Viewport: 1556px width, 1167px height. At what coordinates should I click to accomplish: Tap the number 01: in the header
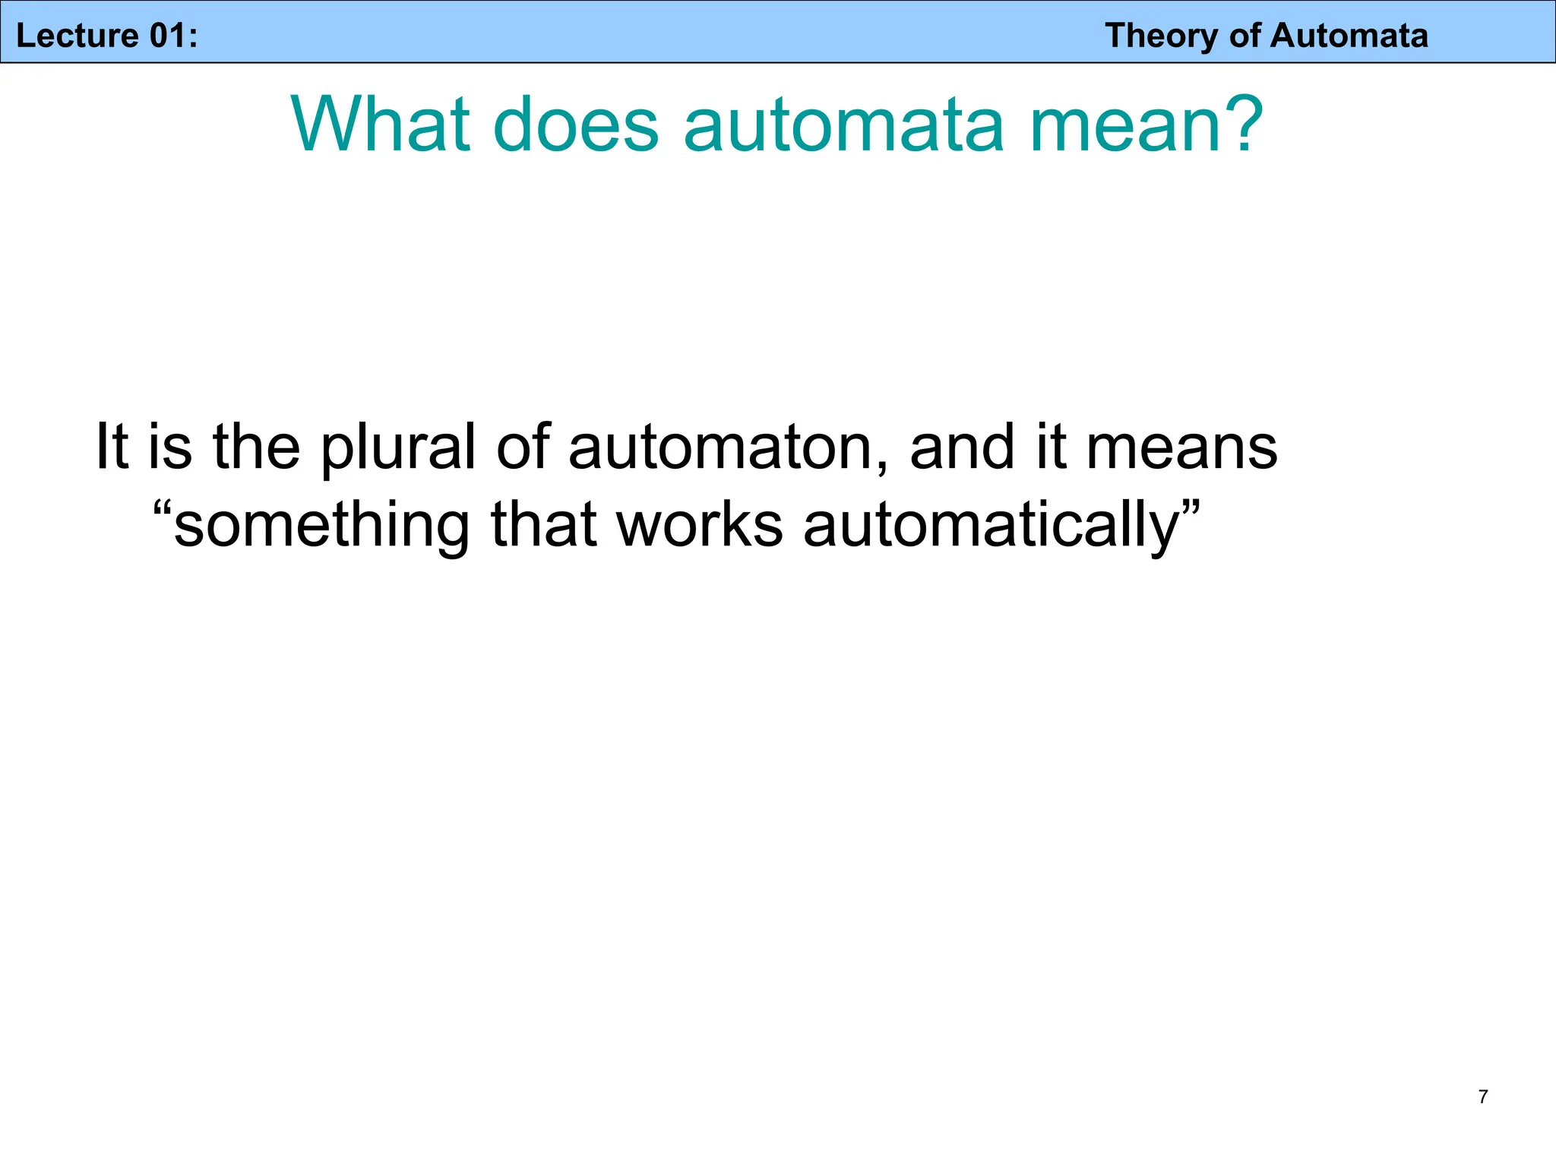(173, 36)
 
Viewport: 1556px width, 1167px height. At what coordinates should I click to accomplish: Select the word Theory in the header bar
(1160, 36)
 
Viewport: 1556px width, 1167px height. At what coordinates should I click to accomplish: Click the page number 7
(1483, 1096)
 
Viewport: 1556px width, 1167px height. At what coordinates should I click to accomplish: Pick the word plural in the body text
(398, 448)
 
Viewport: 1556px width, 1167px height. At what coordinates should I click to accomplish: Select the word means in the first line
(1182, 448)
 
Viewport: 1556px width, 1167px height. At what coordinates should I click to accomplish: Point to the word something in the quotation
(322, 526)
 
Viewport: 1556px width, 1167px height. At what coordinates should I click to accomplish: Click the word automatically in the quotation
(991, 526)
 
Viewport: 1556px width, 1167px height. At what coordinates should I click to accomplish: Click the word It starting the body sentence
(111, 448)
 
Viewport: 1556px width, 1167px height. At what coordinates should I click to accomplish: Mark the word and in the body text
(962, 448)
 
